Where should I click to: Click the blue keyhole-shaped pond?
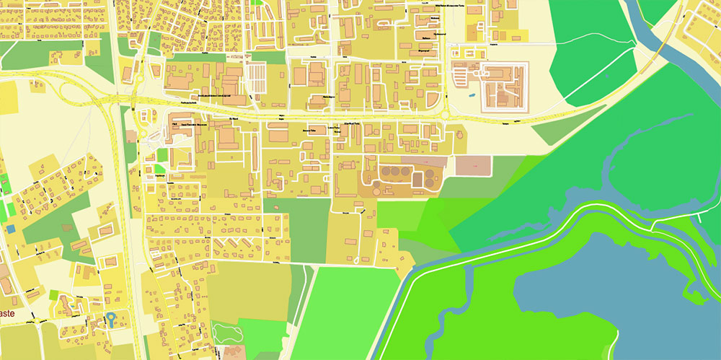coord(112,319)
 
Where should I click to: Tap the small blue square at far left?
coord(11,229)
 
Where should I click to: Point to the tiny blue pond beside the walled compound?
coord(472,95)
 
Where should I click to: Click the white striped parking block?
coord(256,74)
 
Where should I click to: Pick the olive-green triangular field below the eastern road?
coord(559,132)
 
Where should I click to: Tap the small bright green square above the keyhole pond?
coord(56,294)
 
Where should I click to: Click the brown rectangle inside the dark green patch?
coord(67,228)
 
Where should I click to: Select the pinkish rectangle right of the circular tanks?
coord(472,165)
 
